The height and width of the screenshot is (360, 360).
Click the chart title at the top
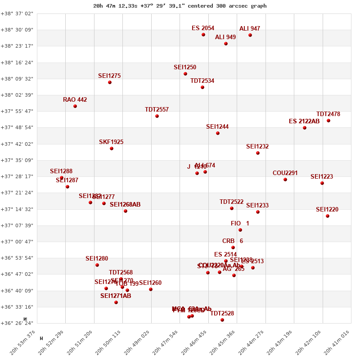pyautogui.click(x=180, y=6)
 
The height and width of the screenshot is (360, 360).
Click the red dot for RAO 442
pyautogui.click(x=75, y=106)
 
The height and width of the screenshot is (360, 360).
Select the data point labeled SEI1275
pyautogui.click(x=110, y=82)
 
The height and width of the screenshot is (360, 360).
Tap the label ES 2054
pyautogui.click(x=203, y=28)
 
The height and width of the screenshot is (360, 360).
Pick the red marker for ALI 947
pyautogui.click(x=250, y=35)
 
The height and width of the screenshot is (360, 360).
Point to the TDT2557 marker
pyautogui.click(x=157, y=116)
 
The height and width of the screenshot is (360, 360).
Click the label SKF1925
pyautogui.click(x=111, y=142)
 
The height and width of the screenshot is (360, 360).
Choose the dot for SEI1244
pyautogui.click(x=218, y=133)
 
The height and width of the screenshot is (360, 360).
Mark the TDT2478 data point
pyautogui.click(x=328, y=121)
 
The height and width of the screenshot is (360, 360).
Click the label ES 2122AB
pyautogui.click(x=304, y=121)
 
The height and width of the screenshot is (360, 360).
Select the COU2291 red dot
pyautogui.click(x=285, y=180)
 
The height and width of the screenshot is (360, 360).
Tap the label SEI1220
pyautogui.click(x=327, y=210)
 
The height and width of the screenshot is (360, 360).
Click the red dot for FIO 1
pyautogui.click(x=240, y=230)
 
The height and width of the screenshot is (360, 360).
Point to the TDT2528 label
pyautogui.click(x=222, y=314)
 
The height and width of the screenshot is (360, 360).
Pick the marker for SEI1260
pyautogui.click(x=151, y=289)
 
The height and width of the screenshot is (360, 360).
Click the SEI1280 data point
pyautogui.click(x=97, y=265)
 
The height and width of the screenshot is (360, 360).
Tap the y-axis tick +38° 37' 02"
pyautogui.click(x=17, y=13)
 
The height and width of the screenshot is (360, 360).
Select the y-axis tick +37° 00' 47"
pyautogui.click(x=17, y=242)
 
